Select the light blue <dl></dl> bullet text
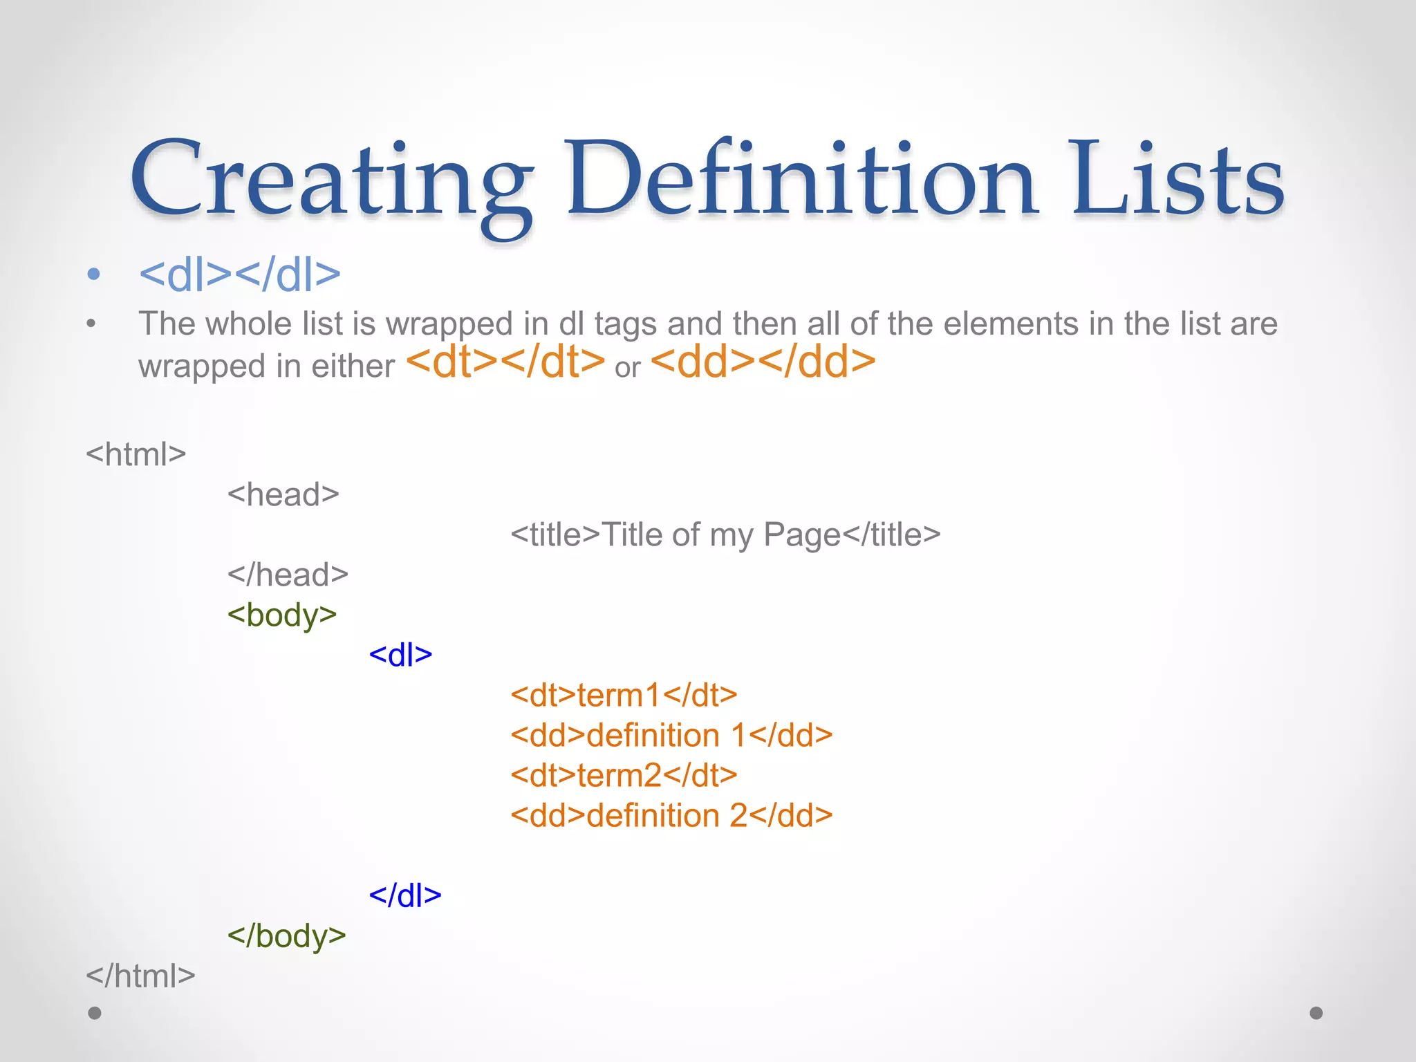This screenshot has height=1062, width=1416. [240, 274]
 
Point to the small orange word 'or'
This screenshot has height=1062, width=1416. [628, 368]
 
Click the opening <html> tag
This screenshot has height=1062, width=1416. [136, 454]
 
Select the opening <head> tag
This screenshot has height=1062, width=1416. [283, 494]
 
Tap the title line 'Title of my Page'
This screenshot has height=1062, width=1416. [725, 534]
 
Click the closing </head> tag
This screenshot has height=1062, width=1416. [288, 575]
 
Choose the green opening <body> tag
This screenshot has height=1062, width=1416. [282, 615]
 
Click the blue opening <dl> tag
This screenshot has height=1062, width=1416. [400, 655]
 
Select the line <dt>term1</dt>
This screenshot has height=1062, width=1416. [624, 695]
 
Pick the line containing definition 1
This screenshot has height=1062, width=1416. [671, 735]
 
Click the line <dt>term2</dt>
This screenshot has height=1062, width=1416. [624, 775]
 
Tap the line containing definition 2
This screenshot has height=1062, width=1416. [671, 815]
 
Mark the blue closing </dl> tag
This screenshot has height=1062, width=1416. [405, 895]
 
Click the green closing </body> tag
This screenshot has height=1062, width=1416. [286, 935]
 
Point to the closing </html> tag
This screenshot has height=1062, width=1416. [140, 976]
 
